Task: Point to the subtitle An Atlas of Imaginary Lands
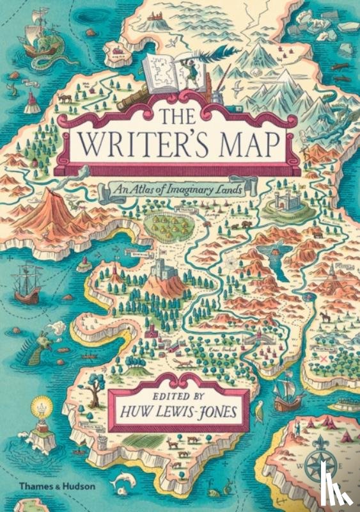pos(181,189)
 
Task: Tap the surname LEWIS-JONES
pos(202,408)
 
